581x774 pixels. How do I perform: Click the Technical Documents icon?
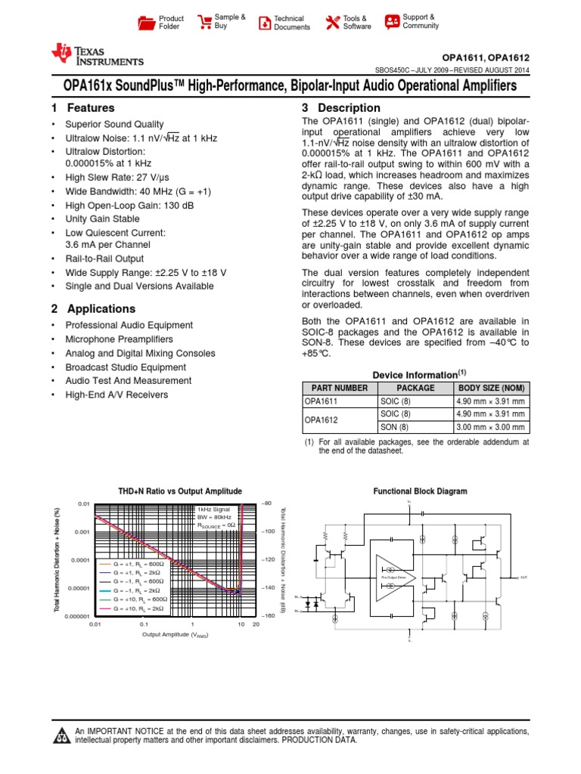263,23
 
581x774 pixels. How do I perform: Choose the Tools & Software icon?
332,22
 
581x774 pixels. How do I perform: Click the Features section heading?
82,108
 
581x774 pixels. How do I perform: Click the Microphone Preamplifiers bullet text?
119,339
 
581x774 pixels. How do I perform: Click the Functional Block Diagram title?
420,491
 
